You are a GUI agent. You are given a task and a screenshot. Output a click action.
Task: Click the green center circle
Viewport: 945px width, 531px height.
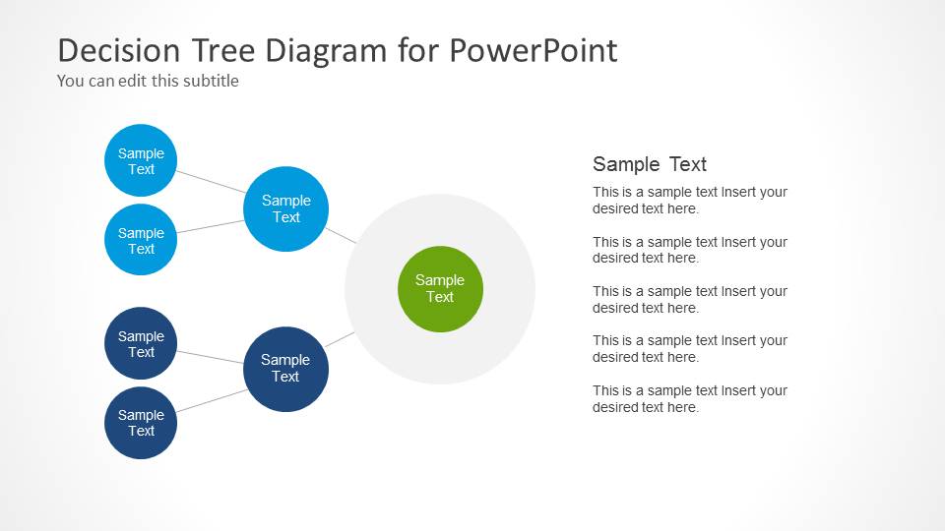(440, 288)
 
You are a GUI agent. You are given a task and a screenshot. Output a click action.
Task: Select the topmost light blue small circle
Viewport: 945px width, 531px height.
(141, 160)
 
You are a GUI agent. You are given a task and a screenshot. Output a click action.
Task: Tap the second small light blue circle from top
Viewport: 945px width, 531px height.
(141, 240)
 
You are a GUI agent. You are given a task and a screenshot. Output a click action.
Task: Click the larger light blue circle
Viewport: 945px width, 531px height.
(285, 208)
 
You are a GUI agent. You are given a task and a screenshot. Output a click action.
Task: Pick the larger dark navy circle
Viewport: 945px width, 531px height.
(285, 369)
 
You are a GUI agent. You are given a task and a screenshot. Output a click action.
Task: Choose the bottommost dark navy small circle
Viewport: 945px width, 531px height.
(141, 422)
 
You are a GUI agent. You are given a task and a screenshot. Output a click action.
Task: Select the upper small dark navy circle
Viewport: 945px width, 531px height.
(141, 343)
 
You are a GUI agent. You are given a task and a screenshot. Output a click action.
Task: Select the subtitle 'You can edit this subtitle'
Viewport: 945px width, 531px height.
(148, 81)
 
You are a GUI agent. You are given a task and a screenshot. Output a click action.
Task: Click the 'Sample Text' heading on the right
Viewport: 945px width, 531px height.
(650, 164)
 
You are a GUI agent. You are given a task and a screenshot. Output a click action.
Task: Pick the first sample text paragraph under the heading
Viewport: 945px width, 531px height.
(689, 201)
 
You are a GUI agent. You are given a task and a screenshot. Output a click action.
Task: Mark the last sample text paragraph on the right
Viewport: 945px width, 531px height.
(689, 398)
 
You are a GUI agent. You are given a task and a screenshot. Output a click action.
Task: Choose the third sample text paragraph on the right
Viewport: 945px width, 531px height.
(689, 299)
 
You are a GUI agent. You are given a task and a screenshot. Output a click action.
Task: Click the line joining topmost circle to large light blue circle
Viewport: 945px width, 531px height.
(212, 182)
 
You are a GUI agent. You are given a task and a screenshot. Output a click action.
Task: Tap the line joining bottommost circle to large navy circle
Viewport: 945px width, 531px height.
(212, 400)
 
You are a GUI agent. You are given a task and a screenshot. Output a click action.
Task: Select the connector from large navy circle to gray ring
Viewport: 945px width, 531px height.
(340, 339)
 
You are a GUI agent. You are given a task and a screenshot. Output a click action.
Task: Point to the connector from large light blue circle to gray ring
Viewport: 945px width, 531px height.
(341, 235)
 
